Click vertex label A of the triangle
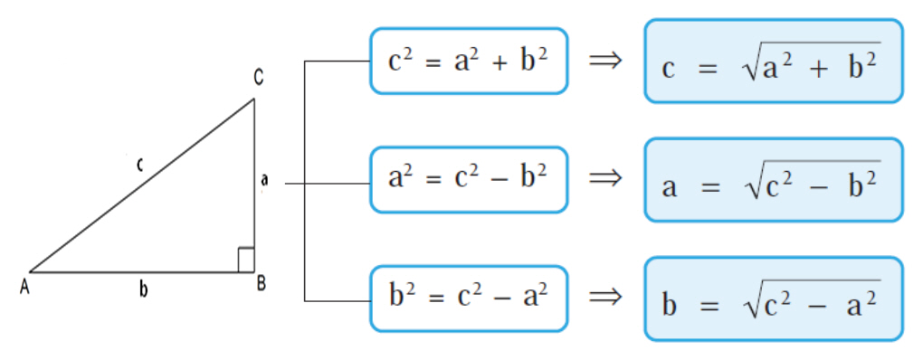coord(24,288)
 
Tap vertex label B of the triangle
coord(262,283)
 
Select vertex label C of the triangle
coord(259,77)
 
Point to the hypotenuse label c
coord(139,166)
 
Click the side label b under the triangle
coord(143,289)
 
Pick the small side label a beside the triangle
coord(264,180)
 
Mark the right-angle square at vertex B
coord(246,260)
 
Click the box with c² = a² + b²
coord(469,62)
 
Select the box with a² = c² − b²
coord(469,179)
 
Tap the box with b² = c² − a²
coord(469,298)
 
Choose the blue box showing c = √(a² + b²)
coord(774,62)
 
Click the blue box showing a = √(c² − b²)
coord(774,180)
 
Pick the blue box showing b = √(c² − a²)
coord(774,298)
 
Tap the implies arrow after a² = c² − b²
coord(605,177)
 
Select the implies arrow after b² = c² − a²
coord(605,297)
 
